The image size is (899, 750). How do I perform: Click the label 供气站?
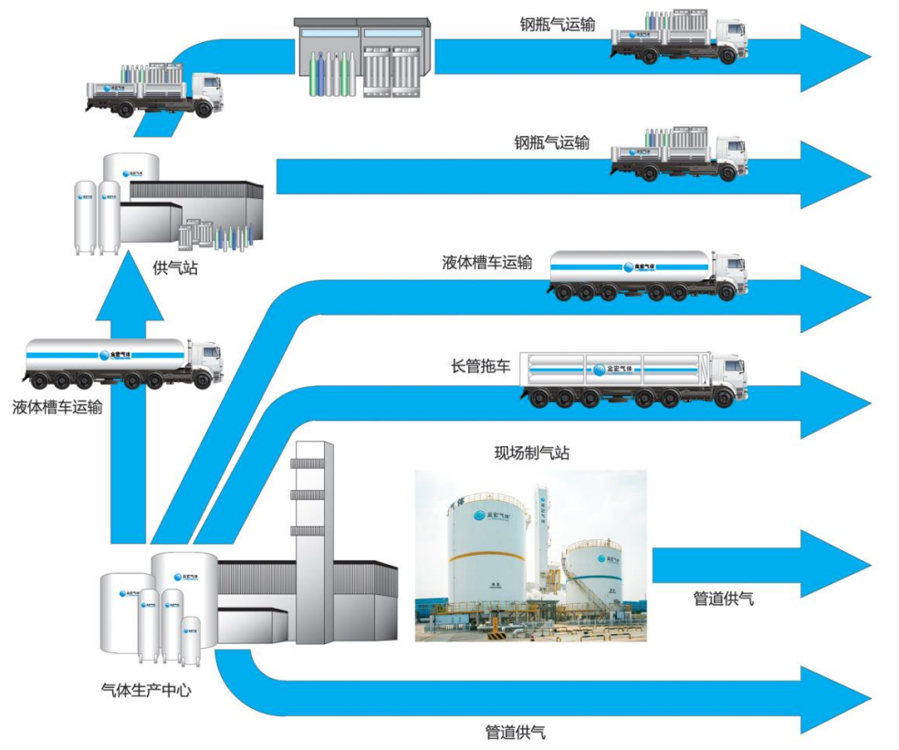point(176,268)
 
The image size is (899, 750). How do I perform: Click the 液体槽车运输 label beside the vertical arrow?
point(57,407)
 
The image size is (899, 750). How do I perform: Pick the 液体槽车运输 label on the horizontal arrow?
point(486,263)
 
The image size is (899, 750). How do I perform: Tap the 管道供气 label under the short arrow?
point(724,599)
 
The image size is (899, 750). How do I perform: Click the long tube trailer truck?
point(633,378)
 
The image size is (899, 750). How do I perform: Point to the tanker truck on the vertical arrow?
point(123,361)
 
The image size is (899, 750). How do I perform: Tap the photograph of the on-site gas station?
point(530,555)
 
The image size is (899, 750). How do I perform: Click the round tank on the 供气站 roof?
point(131,167)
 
